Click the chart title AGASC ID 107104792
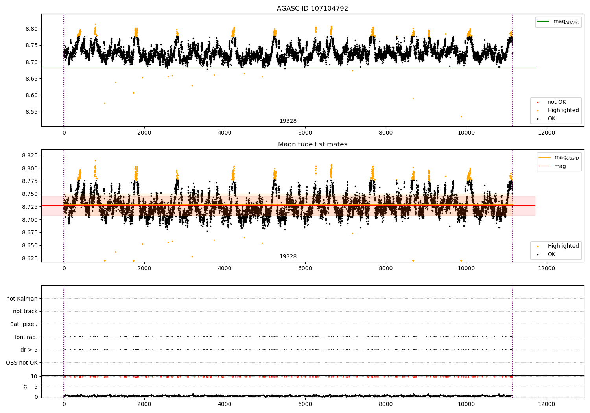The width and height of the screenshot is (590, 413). pyautogui.click(x=312, y=9)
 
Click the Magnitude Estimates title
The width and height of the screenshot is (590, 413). pyautogui.click(x=312, y=144)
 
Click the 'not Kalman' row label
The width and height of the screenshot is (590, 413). pyautogui.click(x=22, y=299)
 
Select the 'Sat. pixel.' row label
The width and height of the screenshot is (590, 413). pyautogui.click(x=24, y=324)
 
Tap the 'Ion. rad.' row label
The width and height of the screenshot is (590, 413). pyautogui.click(x=26, y=337)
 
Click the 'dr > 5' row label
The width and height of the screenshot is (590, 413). pyautogui.click(x=29, y=350)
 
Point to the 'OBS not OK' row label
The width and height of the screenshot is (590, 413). pyautogui.click(x=22, y=363)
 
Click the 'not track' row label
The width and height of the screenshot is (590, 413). pyautogui.click(x=25, y=311)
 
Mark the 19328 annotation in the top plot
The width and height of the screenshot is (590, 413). pyautogui.click(x=288, y=121)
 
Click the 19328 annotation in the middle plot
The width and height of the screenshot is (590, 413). pyautogui.click(x=288, y=257)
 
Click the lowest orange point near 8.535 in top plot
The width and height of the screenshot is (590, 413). pyautogui.click(x=461, y=116)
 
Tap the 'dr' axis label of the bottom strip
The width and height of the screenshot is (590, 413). pyautogui.click(x=26, y=387)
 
